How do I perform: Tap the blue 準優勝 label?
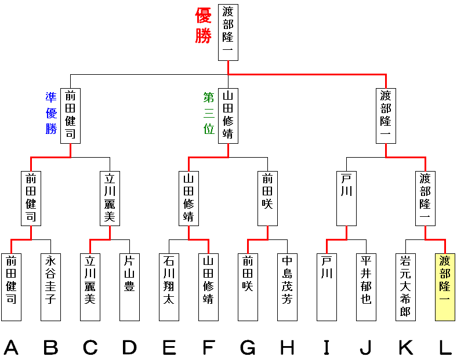pyautogui.click(x=51, y=113)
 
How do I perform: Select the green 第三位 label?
pyautogui.click(x=209, y=113)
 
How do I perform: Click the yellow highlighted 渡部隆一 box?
pyautogui.click(x=445, y=287)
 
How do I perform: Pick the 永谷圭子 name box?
pyautogui.click(x=50, y=287)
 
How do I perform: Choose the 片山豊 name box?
pyautogui.click(x=129, y=287)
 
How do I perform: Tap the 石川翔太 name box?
pyautogui.click(x=169, y=287)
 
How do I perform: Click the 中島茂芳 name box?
pyautogui.click(x=287, y=287)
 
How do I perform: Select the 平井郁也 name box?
pyautogui.click(x=366, y=287)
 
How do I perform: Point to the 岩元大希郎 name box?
pyautogui.click(x=405, y=287)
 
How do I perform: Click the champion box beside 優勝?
pyautogui.click(x=228, y=32)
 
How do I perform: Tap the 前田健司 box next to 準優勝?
pyautogui.click(x=70, y=115)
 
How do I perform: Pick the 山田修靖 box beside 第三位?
pyautogui.click(x=228, y=115)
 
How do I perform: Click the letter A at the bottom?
pyautogui.click(x=11, y=347)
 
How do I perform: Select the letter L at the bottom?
pyautogui.click(x=445, y=347)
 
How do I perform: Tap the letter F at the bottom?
pyautogui.click(x=208, y=347)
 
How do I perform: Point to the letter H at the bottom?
pyautogui.click(x=287, y=347)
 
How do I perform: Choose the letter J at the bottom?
pyautogui.click(x=366, y=347)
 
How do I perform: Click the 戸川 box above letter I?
pyautogui.click(x=327, y=287)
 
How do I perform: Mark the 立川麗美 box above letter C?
pyautogui.click(x=90, y=287)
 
